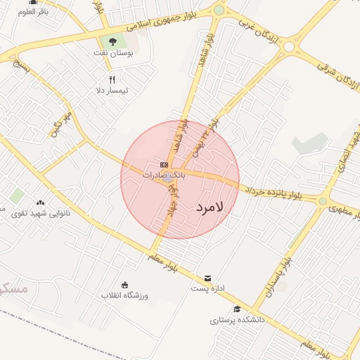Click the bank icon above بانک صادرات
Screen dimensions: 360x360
pos(165,165)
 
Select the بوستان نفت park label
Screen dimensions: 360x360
pos(112,52)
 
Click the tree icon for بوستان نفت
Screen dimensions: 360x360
pos(112,41)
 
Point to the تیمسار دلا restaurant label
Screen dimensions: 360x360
pos(112,91)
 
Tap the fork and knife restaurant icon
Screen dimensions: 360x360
pos(112,79)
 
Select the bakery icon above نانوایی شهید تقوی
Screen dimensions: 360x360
pos(40,202)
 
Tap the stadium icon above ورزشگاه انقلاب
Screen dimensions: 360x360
pos(124,284)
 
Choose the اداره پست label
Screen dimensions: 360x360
pos(207,288)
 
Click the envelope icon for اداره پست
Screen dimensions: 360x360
pos(207,278)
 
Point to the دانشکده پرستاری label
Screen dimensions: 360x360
pos(237,320)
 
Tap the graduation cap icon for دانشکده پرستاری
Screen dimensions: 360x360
pos(237,309)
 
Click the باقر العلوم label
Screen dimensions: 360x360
pos(34,12)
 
